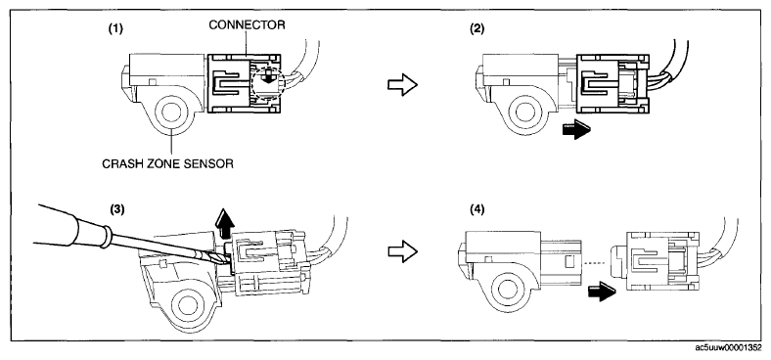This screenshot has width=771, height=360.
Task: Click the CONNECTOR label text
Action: click(247, 25)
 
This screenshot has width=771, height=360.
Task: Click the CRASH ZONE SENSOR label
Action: click(167, 164)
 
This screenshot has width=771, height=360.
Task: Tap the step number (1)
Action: click(116, 28)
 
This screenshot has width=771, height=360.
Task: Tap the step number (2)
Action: click(476, 28)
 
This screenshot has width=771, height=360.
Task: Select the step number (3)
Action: click(116, 209)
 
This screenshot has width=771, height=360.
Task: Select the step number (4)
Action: click(476, 209)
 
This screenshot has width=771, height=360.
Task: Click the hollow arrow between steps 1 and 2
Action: click(403, 85)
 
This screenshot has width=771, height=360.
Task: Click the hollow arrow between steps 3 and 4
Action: click(403, 251)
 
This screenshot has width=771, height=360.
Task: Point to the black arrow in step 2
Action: click(576, 130)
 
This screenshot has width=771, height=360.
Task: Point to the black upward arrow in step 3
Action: click(224, 225)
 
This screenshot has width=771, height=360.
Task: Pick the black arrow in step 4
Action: click(602, 292)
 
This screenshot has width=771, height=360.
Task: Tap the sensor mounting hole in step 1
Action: click(170, 112)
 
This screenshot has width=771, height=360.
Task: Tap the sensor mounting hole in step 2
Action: click(525, 112)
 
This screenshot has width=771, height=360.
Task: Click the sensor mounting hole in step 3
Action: click(188, 305)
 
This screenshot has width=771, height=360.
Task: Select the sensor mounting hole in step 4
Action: click(507, 292)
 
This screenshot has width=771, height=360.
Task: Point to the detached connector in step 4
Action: click(655, 261)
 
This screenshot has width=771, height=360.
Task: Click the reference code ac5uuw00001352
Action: click(729, 348)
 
